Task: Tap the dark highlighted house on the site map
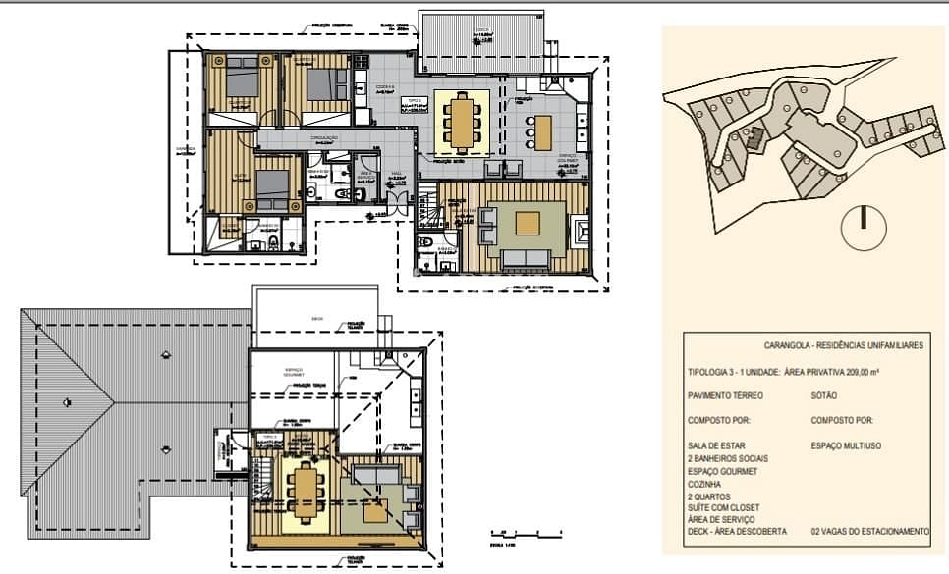coord(754,138)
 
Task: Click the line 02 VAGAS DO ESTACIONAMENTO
coord(867,531)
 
